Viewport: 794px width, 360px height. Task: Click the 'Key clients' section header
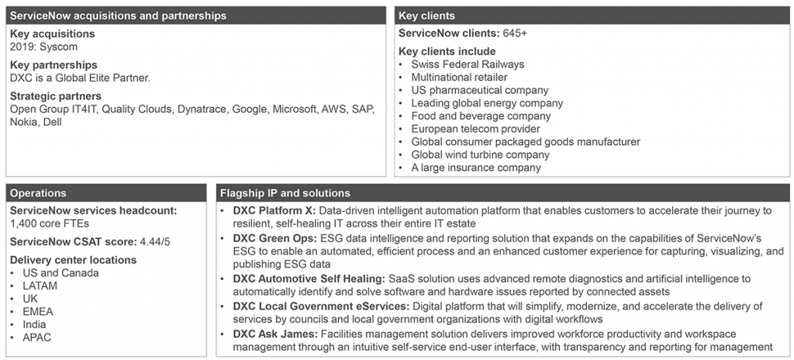tap(426, 16)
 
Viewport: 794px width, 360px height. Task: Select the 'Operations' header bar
tap(38, 193)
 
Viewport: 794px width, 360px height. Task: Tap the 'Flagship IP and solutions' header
tap(285, 193)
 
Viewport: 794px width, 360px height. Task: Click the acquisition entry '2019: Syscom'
tap(44, 47)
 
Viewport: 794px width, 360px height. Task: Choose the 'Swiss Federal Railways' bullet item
tap(468, 64)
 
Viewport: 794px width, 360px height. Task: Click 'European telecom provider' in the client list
tap(475, 129)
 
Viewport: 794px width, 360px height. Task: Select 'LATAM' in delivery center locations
tap(40, 286)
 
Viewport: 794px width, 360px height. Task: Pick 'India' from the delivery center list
tap(35, 324)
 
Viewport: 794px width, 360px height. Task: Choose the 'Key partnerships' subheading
tap(54, 65)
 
